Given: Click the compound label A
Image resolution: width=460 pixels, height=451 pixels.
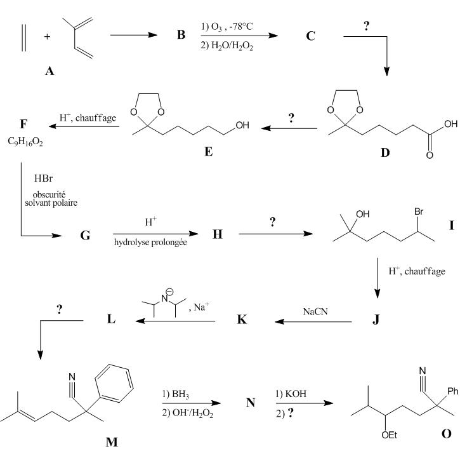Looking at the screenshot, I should (49, 72).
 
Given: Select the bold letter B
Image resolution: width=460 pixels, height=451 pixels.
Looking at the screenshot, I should (181, 35).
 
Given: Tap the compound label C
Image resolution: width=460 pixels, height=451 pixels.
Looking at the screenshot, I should (310, 36).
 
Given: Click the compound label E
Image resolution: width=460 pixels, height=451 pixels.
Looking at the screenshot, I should (208, 152).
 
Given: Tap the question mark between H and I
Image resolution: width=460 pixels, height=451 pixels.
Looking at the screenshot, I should (273, 223).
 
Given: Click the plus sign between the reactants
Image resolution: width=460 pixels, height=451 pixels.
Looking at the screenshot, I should (47, 36).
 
